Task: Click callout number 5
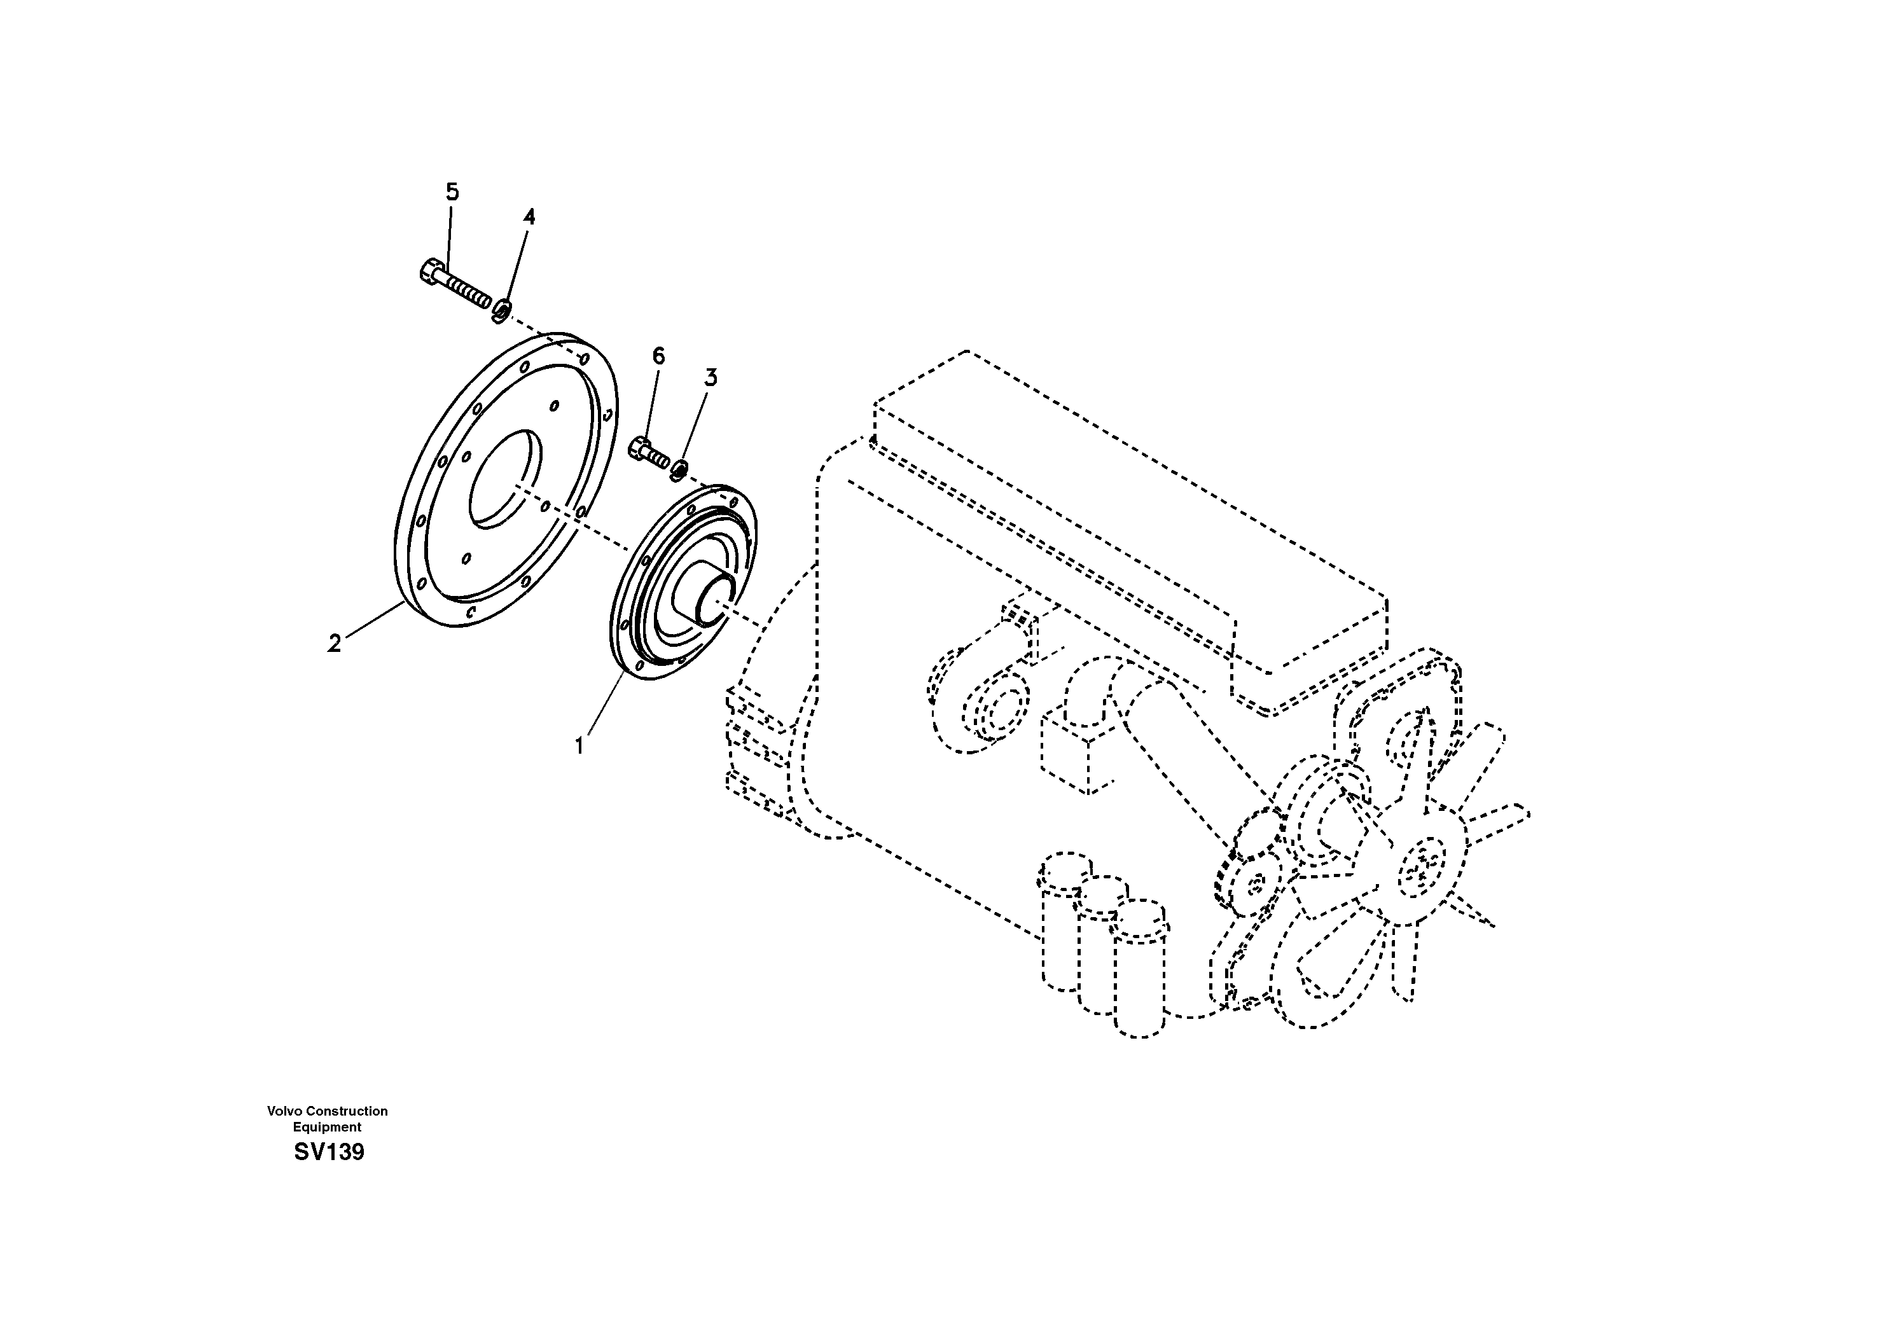coord(452,192)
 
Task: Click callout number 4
coord(529,217)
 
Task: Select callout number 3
coord(711,378)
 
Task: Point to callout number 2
coord(333,644)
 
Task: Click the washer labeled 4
coord(501,311)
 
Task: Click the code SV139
coord(329,1152)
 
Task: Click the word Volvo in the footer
coord(285,1111)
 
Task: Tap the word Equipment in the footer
coord(327,1128)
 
